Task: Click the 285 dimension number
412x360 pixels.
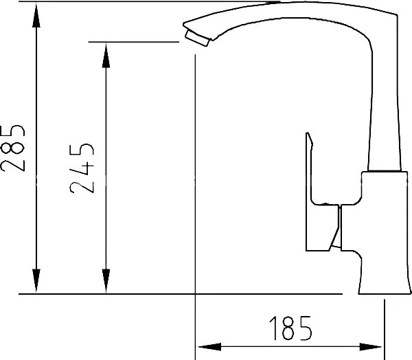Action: click(x=12, y=148)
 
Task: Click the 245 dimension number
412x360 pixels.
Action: click(x=82, y=168)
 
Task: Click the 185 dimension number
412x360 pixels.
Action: click(x=291, y=328)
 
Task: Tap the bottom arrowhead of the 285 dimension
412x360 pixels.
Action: click(x=36, y=281)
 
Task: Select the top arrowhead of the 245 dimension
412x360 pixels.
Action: click(x=106, y=56)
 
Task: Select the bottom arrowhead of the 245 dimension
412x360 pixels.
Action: click(x=106, y=281)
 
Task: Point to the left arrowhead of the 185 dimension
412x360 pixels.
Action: click(x=209, y=347)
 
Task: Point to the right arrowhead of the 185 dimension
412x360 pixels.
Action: click(x=370, y=347)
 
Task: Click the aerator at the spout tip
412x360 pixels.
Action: click(x=197, y=38)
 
